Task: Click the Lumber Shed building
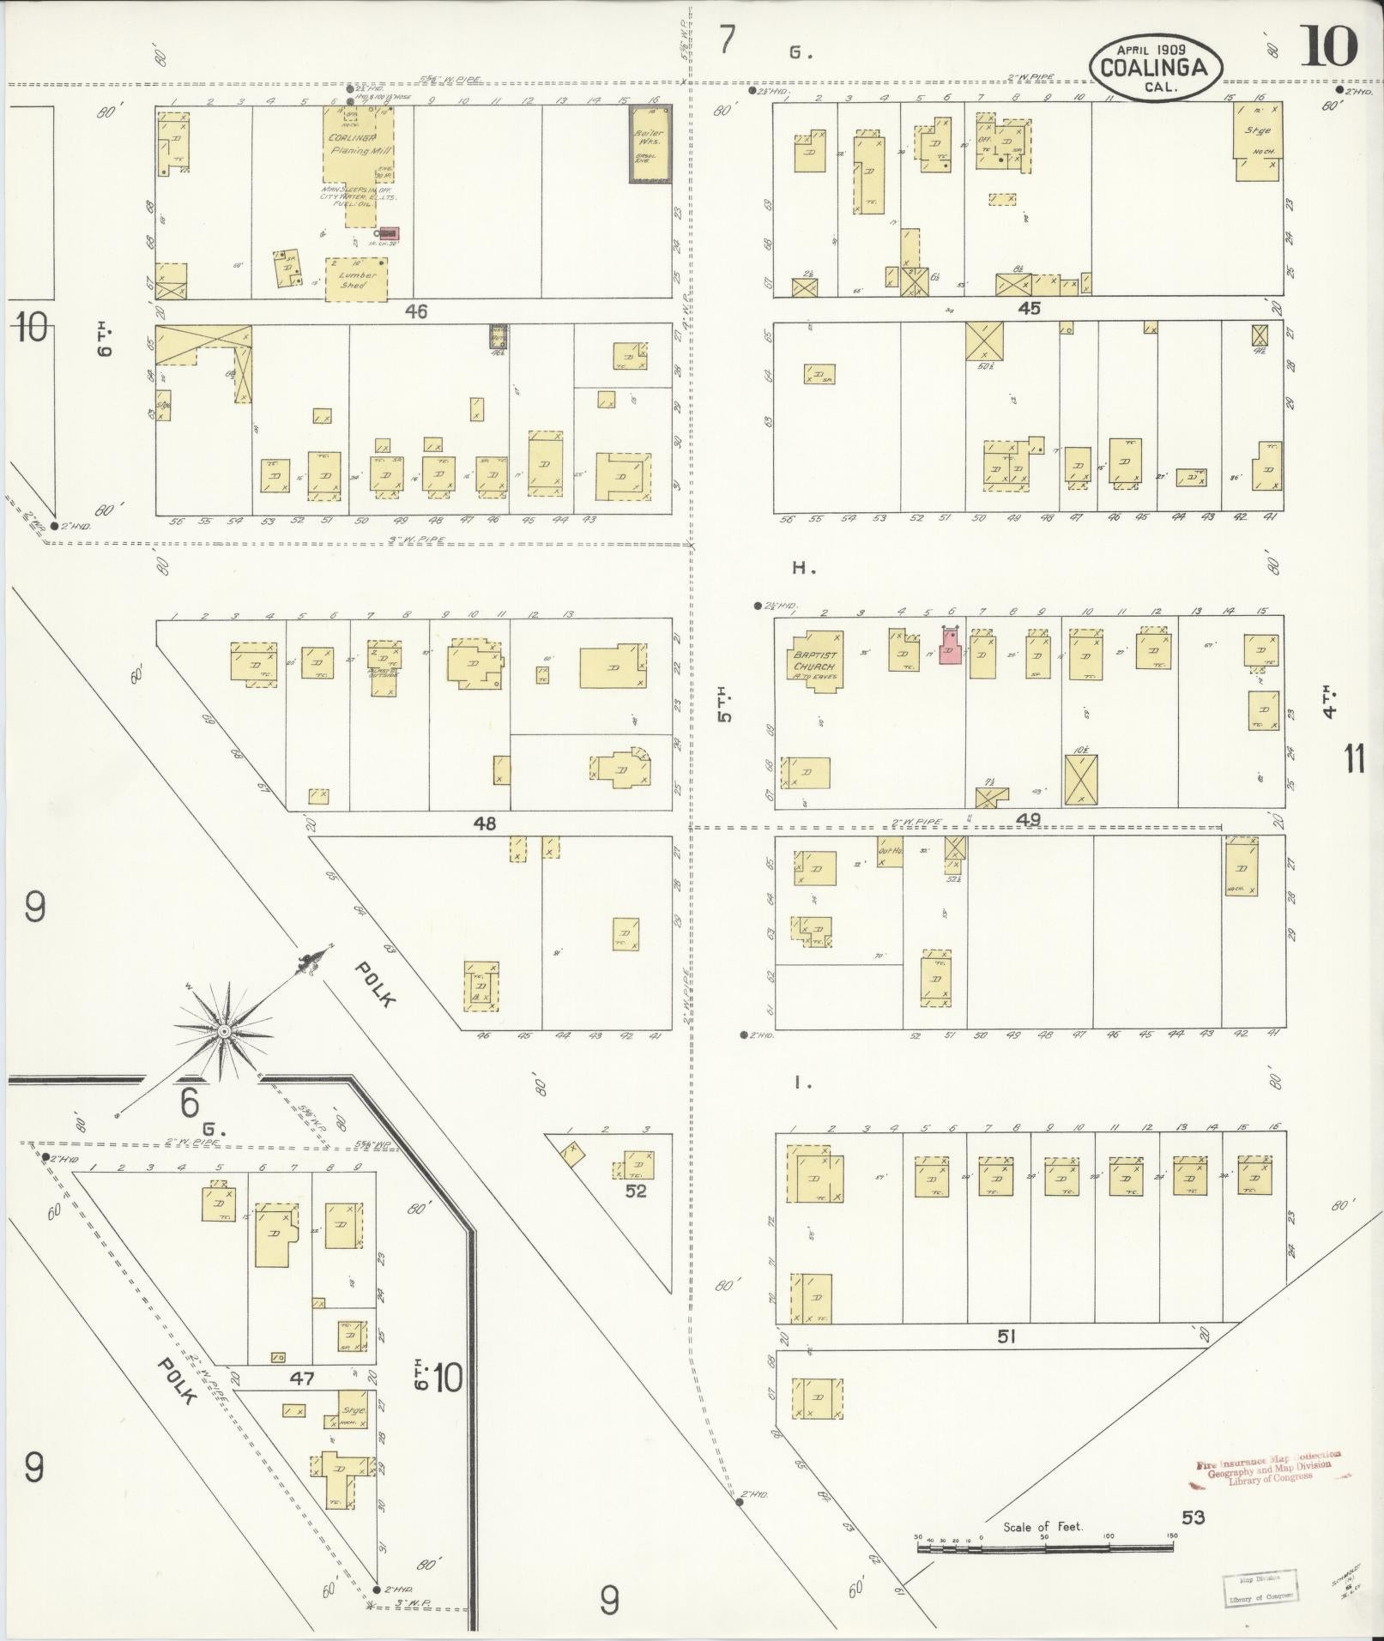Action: point(356,280)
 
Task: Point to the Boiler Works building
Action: point(650,144)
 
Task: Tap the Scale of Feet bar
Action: point(1044,1547)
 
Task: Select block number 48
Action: point(485,824)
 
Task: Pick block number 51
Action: point(1006,1360)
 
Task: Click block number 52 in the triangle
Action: point(635,1192)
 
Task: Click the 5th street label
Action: point(725,703)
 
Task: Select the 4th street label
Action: point(1329,700)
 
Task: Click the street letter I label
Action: point(803,1083)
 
